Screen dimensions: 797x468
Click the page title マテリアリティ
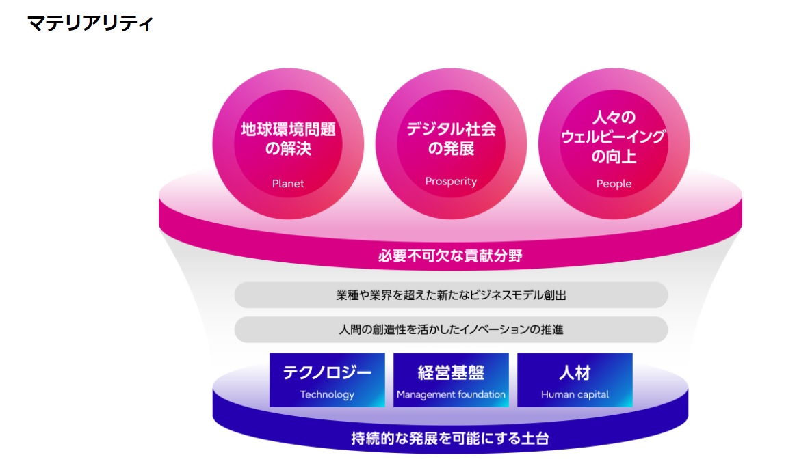(90, 23)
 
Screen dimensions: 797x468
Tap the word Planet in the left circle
(288, 184)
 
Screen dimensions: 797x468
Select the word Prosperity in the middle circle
(451, 182)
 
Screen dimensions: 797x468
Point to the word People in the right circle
(614, 184)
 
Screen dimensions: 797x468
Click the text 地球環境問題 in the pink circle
(288, 129)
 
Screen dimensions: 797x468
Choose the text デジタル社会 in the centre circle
(451, 129)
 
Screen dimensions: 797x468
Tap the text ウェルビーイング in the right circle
(614, 137)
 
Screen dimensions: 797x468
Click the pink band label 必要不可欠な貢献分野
(450, 256)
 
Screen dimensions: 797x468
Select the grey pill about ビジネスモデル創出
(451, 295)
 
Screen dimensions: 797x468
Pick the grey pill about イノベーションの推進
(451, 329)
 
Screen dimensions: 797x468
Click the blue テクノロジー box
(327, 380)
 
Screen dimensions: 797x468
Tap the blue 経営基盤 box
(451, 380)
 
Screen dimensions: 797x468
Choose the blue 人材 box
(575, 380)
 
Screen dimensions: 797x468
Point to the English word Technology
(327, 394)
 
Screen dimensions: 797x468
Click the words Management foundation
(451, 394)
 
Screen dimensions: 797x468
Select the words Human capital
(575, 394)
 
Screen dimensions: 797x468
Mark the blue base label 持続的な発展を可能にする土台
(450, 439)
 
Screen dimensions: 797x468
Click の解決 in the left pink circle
(288, 149)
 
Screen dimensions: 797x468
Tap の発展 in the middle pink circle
(451, 149)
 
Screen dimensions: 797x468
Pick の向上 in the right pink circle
(614, 156)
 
